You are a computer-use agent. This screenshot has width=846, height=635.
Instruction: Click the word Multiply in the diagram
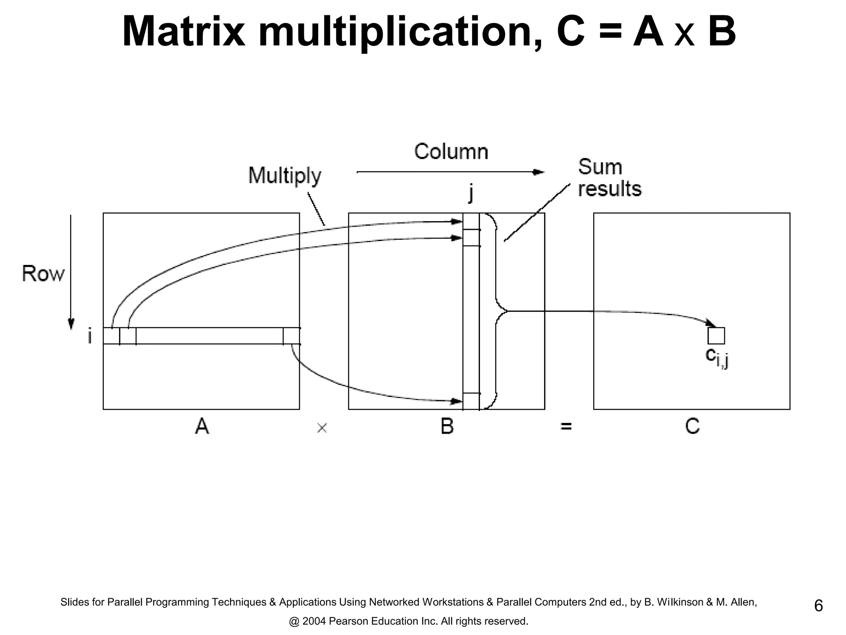[285, 176]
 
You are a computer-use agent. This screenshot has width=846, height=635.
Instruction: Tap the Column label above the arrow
[451, 152]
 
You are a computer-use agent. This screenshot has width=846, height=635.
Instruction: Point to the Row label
[43, 274]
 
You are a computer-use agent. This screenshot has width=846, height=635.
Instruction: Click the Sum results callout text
[609, 178]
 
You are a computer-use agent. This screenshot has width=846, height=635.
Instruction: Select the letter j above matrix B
[471, 193]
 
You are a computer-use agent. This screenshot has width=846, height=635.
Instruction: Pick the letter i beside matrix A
[90, 336]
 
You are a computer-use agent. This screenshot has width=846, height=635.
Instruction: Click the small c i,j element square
[716, 336]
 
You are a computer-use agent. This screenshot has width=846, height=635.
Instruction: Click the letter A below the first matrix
[202, 426]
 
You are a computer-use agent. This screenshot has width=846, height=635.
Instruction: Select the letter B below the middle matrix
[447, 426]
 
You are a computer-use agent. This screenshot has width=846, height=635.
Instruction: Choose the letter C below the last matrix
[692, 426]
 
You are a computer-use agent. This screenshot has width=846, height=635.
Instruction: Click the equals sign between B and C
[566, 426]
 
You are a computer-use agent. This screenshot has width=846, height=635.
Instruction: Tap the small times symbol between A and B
[322, 428]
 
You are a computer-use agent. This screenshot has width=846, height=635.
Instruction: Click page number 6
[818, 606]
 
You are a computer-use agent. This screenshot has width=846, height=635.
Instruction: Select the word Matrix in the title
[183, 32]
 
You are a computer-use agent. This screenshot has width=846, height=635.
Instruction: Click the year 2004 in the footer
[314, 621]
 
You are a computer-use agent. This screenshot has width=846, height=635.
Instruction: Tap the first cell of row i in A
[111, 336]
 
